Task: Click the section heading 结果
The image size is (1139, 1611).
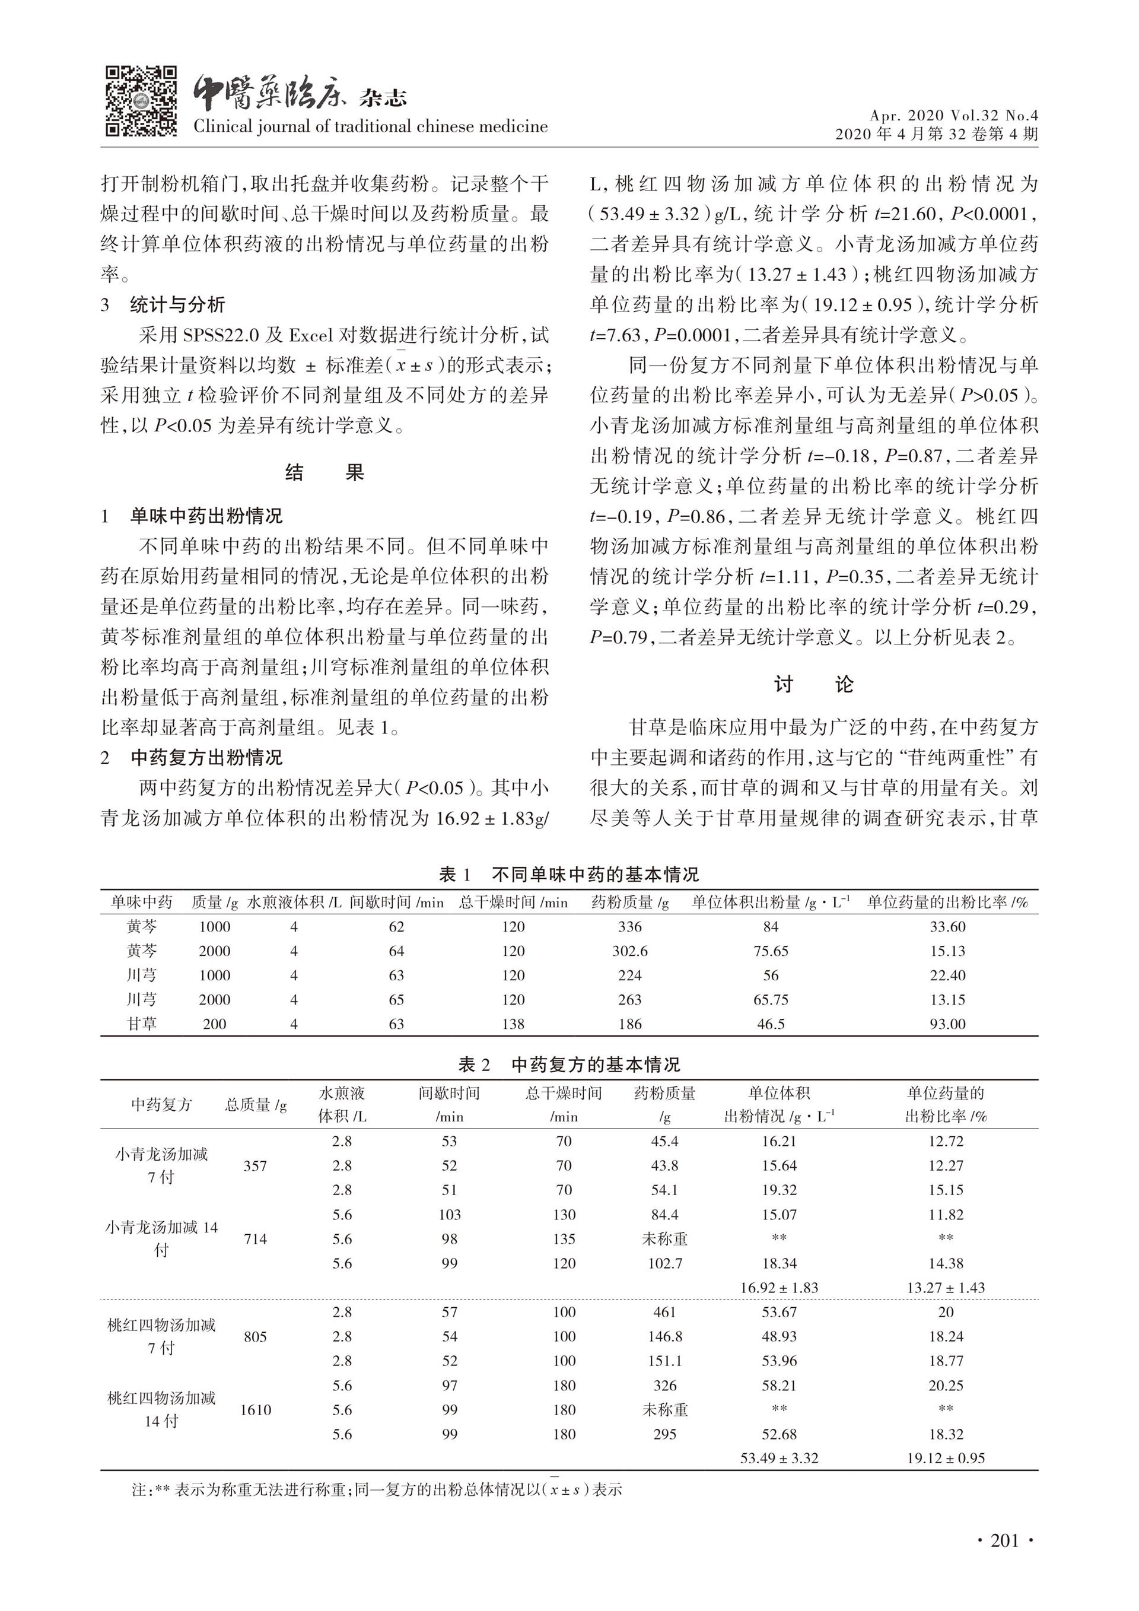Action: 324,472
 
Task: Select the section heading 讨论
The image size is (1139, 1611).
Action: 813,684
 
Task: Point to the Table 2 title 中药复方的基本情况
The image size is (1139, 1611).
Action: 596,1065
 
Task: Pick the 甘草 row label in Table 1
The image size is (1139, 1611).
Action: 142,1024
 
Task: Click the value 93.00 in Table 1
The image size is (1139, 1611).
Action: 947,1024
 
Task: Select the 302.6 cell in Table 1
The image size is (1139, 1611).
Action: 630,951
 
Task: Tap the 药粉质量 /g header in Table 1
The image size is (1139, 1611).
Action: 630,903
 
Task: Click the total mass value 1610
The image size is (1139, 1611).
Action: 255,1410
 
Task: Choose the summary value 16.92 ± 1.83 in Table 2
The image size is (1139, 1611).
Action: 779,1288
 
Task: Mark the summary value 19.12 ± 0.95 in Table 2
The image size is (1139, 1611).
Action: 946,1458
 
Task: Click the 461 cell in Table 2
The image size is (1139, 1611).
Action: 664,1312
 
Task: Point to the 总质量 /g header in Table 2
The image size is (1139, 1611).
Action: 255,1104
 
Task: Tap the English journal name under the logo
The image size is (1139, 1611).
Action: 370,126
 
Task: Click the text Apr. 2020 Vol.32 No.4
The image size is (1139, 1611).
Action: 954,115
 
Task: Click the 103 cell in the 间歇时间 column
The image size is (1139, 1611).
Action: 450,1215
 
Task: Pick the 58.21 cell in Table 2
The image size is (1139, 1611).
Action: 779,1386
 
